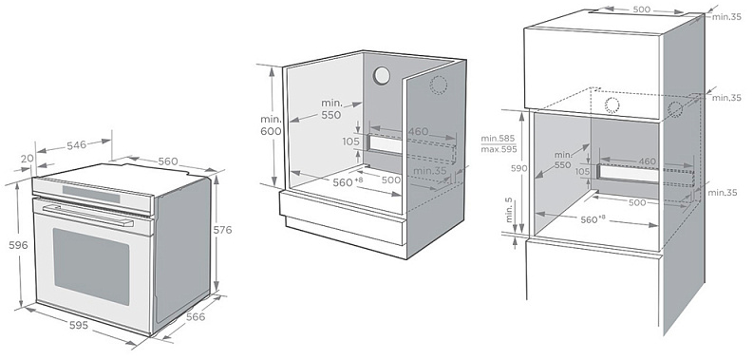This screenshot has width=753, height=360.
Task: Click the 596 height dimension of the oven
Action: click(x=18, y=245)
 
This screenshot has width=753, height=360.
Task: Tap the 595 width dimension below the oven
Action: click(x=79, y=326)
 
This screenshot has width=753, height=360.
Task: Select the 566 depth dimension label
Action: click(x=196, y=316)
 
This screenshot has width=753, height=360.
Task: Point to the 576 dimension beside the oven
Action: click(x=222, y=230)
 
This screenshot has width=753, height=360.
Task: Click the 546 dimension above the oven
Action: click(x=76, y=144)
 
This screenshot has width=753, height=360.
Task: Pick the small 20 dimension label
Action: click(x=28, y=158)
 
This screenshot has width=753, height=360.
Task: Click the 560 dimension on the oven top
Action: click(x=168, y=161)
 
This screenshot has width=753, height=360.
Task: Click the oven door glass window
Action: click(x=91, y=266)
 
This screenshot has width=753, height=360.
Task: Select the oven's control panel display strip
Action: click(x=91, y=194)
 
